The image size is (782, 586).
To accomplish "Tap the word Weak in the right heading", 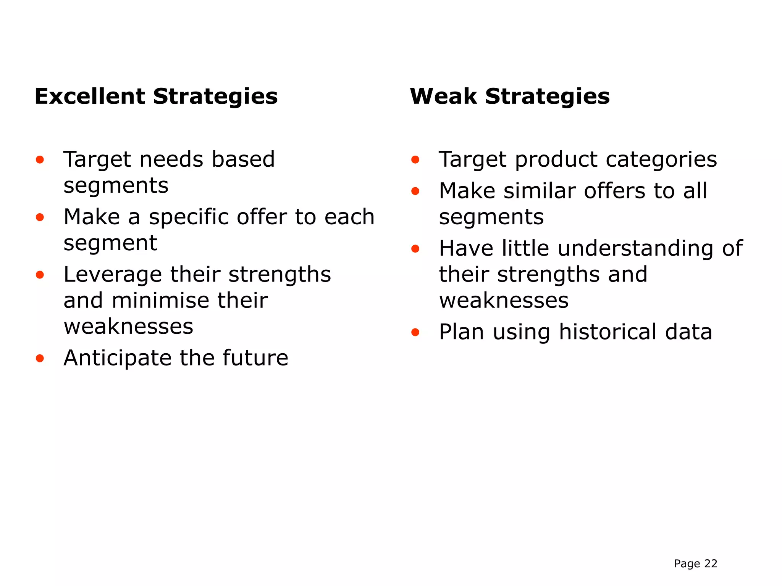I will point(443,96).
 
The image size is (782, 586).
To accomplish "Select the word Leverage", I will point(113,275).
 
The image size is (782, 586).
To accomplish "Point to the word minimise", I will point(160,301).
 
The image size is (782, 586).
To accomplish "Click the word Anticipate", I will point(118,359).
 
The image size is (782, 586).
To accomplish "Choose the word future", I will point(255,358).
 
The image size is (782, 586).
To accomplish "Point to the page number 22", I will point(711,563).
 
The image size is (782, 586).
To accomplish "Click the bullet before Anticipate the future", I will point(40,359).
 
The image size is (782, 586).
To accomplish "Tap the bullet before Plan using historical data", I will point(415,333).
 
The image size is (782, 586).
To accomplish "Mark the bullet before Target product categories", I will point(415,160).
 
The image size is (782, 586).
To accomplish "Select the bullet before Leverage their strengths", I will point(40,275).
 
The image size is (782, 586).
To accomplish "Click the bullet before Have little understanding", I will point(415,249).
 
